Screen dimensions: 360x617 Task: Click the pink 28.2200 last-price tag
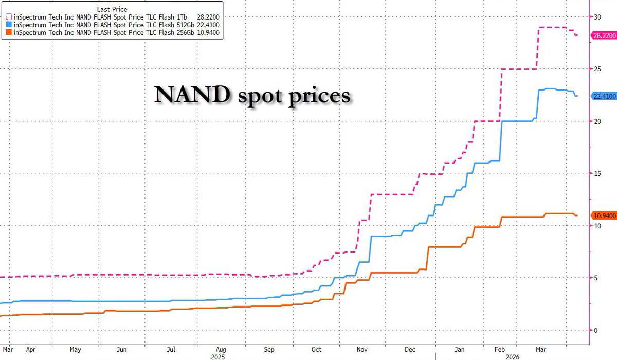point(604,35)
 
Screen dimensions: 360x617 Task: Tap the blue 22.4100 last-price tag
point(604,96)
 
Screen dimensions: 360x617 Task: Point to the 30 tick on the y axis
point(597,17)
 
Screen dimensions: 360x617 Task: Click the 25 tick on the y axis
point(597,69)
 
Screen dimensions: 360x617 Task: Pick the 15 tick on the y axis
point(597,173)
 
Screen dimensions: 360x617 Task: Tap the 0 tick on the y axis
point(595,330)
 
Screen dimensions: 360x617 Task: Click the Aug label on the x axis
point(221,349)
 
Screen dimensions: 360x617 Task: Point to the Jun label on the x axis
point(122,349)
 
